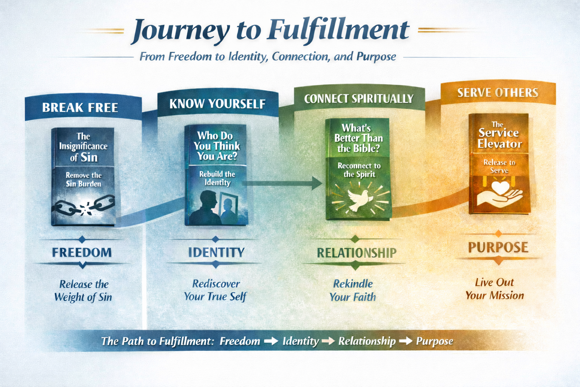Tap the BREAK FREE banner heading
[x=80, y=108]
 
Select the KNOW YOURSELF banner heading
[x=217, y=104]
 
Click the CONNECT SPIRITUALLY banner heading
[x=359, y=99]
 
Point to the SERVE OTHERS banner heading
[x=498, y=93]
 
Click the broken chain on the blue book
[x=83, y=206]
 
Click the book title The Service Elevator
[x=499, y=135]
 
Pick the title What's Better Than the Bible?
[x=358, y=138]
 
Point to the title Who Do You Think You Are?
[x=217, y=146]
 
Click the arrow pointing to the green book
[x=282, y=183]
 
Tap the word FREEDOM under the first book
[x=82, y=252]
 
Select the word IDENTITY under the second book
[x=216, y=252]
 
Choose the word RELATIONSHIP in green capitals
[x=357, y=253]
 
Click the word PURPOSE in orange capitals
[x=498, y=247]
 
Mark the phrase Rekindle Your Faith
[x=353, y=290]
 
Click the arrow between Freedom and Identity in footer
[x=271, y=341]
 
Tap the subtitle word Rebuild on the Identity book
[x=209, y=174]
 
